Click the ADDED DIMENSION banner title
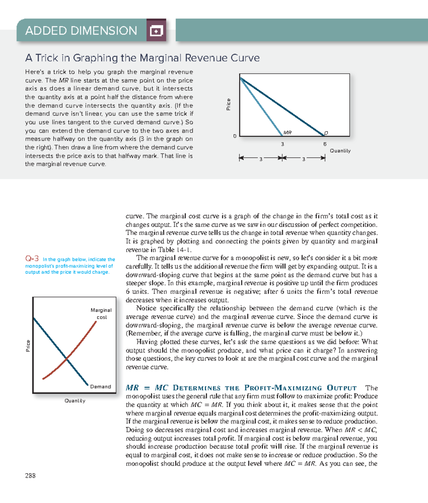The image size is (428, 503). [81, 31]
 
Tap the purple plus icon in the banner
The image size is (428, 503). [156, 31]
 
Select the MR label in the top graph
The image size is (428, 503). [287, 133]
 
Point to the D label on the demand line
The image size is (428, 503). [326, 133]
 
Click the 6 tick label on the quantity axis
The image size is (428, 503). [325, 144]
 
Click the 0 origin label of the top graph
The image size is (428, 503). [235, 136]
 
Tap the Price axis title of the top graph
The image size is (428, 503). [228, 104]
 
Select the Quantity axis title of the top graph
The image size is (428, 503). [340, 151]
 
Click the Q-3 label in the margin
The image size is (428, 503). [32, 259]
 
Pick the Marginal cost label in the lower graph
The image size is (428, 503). [101, 313]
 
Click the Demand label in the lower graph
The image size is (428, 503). [100, 387]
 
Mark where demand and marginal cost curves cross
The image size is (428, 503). [67, 358]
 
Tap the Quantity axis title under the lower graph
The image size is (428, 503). [75, 401]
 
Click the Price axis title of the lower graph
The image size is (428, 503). [28, 346]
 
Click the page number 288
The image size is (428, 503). [30, 475]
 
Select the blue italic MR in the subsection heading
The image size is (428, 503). [132, 388]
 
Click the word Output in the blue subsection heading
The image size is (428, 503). [341, 388]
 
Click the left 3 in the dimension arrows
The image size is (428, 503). [261, 159]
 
